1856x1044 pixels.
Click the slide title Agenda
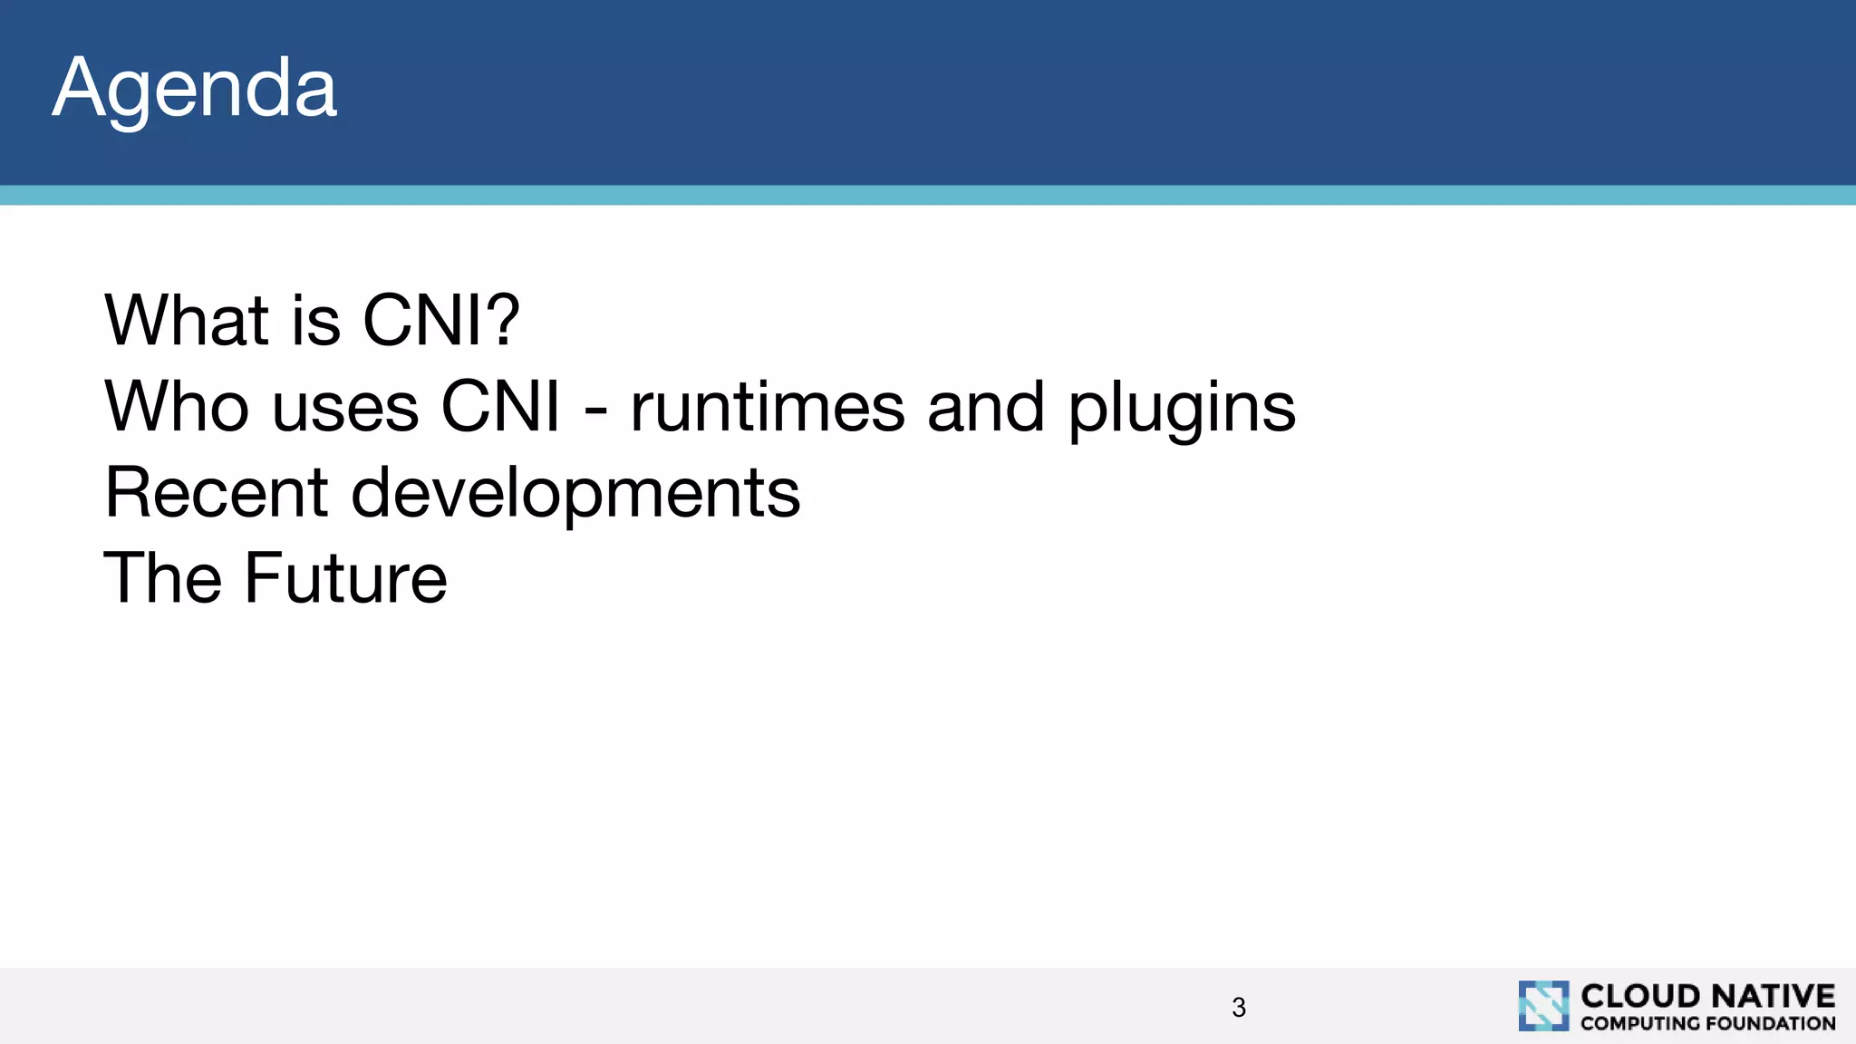pos(194,89)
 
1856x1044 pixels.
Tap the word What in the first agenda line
pos(187,321)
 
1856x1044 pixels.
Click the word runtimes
pos(767,407)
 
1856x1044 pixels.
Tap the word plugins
pos(1182,410)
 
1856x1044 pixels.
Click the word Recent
pos(216,493)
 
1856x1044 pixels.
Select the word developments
pos(575,495)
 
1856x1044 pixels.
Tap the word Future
pos(345,578)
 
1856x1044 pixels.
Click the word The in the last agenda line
pos(163,578)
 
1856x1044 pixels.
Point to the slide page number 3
pos(1239,1007)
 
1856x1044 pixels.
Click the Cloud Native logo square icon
pos(1543,1005)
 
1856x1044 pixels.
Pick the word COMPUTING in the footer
pos(1639,1023)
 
